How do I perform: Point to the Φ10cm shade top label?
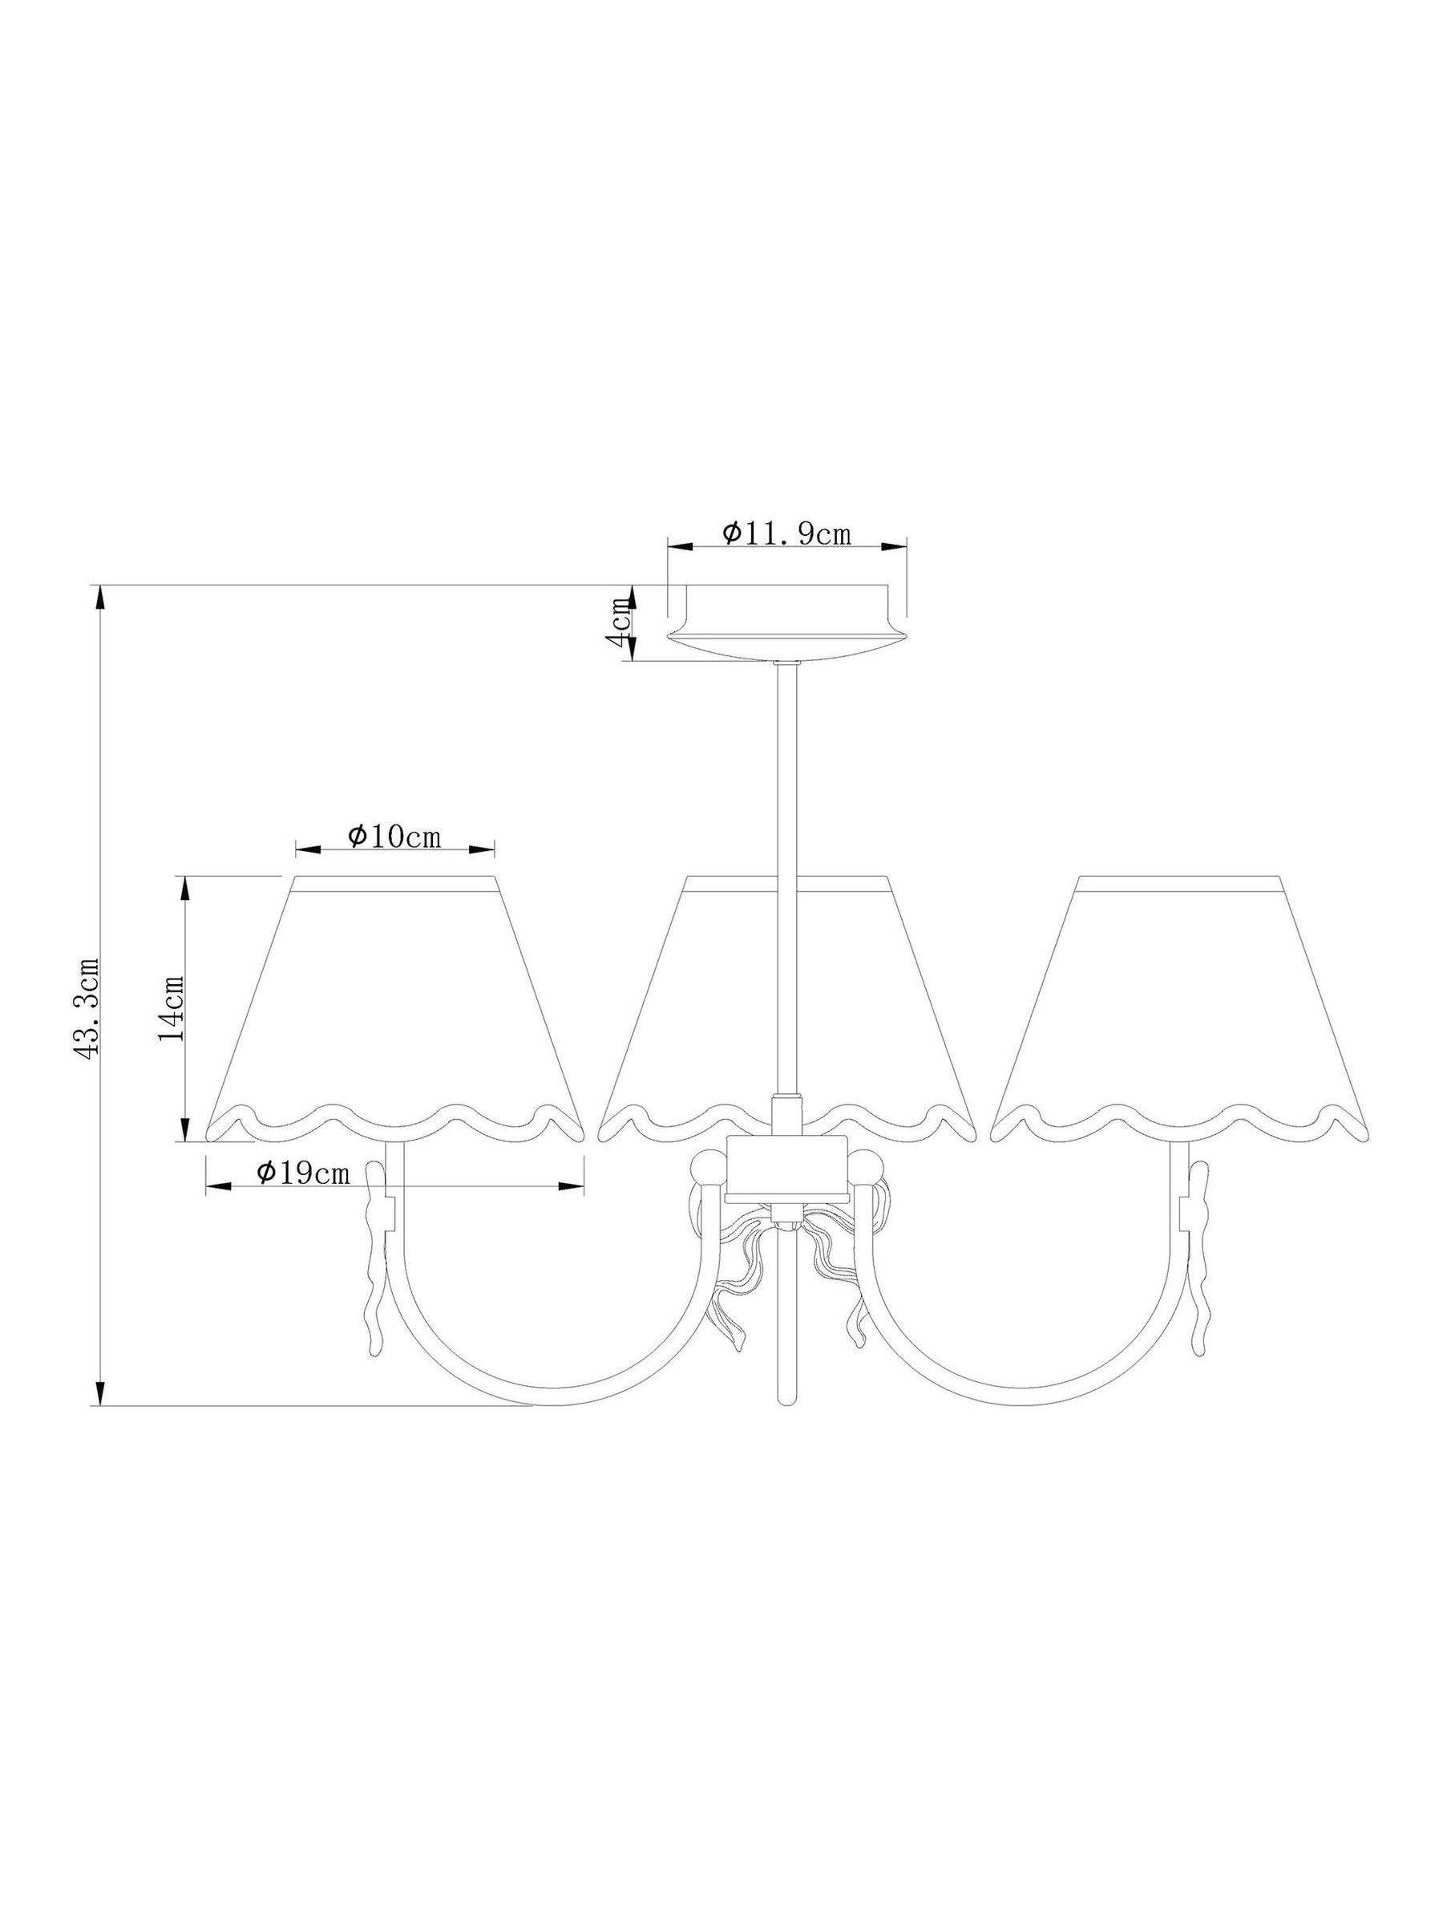[x=395, y=837]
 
